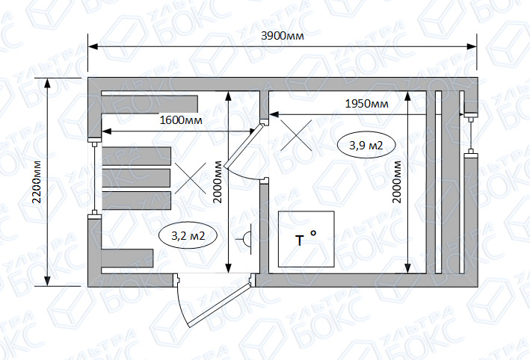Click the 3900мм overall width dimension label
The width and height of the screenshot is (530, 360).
click(283, 35)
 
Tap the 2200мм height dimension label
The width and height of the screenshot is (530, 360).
click(37, 182)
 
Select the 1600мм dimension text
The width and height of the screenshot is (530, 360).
click(181, 120)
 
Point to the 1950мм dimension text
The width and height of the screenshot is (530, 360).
click(367, 103)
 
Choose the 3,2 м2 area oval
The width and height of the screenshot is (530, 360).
click(188, 235)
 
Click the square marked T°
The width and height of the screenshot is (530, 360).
click(306, 239)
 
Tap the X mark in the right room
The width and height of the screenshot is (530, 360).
click(296, 135)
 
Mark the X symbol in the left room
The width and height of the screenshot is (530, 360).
click(191, 178)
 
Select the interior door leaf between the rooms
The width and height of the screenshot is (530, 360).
click(244, 146)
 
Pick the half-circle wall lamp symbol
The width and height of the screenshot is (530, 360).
click(247, 239)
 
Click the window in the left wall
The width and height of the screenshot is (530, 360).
click(95, 178)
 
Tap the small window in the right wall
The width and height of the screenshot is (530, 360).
click(470, 134)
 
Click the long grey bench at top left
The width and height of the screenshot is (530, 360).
click(150, 104)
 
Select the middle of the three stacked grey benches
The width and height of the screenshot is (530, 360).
click(136, 178)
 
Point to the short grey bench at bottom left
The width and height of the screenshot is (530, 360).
click(127, 258)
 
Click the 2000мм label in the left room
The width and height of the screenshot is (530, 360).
click(218, 182)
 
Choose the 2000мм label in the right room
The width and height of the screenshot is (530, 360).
click(397, 182)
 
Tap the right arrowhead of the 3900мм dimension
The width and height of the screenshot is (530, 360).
click(472, 46)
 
